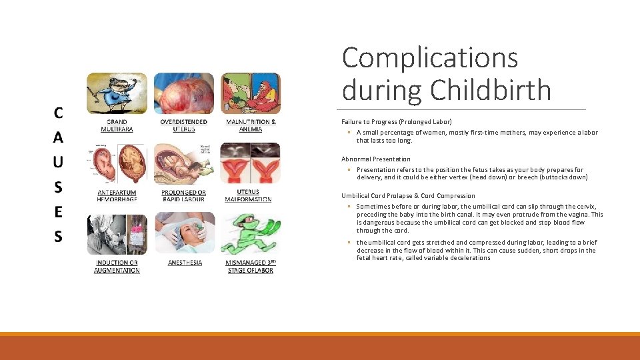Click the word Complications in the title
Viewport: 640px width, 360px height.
tap(430, 57)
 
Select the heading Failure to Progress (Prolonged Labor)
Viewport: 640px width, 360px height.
tap(397, 122)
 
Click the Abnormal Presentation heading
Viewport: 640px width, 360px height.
tap(376, 159)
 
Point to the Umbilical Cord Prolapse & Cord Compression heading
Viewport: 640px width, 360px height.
tap(408, 196)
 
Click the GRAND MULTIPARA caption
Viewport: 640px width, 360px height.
tap(117, 125)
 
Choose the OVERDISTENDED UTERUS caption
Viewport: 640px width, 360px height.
tap(183, 125)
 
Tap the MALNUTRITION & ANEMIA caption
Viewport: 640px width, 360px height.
tap(251, 125)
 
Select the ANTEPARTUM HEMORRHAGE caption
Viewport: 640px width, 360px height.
tap(117, 195)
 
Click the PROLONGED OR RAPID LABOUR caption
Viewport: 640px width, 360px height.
tap(183, 195)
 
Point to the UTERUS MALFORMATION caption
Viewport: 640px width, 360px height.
tap(248, 195)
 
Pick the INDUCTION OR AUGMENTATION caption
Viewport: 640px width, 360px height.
tap(117, 266)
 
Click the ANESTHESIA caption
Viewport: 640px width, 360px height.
tap(185, 263)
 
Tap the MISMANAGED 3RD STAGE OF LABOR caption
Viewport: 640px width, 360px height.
tap(250, 266)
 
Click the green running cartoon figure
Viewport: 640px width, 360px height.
tap(248, 233)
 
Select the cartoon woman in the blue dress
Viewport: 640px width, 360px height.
tap(115, 94)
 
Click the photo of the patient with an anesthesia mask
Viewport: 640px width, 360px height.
tap(185, 233)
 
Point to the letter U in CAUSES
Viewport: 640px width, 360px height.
tap(59, 162)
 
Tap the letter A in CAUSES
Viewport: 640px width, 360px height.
tap(59, 137)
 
